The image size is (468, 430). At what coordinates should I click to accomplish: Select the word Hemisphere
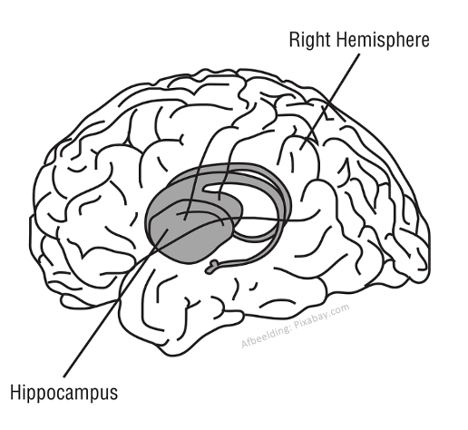coord(382,39)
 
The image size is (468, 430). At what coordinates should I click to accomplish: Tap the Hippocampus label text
coord(63,393)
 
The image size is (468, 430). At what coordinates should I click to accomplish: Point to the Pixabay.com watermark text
coord(322,318)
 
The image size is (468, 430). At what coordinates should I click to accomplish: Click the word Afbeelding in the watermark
coord(266,337)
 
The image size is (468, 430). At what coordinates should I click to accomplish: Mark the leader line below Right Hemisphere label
coord(330,102)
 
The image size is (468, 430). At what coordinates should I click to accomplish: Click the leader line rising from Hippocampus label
coord(116,303)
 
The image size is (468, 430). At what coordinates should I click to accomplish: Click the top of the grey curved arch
coord(229,166)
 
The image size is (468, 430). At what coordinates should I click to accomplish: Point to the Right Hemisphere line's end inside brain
coord(300,150)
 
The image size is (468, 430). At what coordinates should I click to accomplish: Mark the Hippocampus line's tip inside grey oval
coord(168,230)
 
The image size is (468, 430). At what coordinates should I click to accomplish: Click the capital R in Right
coord(295,40)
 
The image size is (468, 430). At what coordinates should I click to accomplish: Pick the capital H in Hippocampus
coord(15,392)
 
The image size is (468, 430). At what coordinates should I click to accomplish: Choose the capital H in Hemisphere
coord(340,40)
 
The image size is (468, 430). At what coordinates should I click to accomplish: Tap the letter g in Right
coord(310,43)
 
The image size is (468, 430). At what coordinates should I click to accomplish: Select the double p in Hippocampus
coord(34,396)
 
